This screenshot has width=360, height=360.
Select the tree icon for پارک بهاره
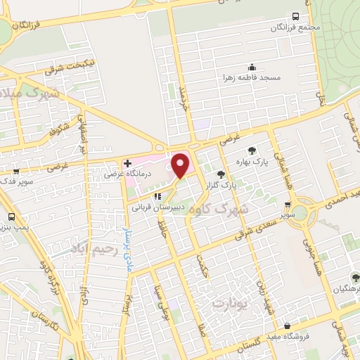251,150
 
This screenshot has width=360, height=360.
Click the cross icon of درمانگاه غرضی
127,163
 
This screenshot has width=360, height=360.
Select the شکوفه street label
58,126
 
